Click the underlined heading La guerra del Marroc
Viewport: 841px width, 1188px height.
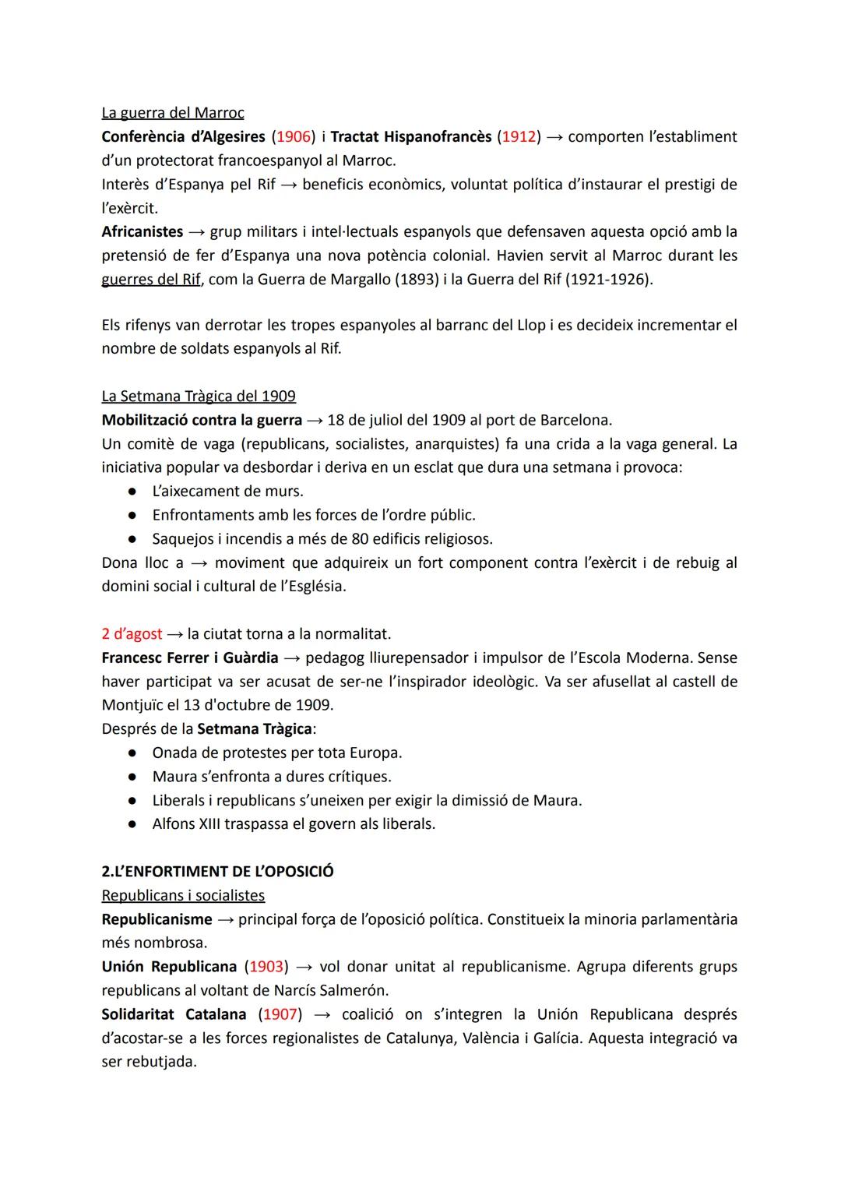click(x=172, y=113)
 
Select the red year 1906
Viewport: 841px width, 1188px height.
click(x=293, y=137)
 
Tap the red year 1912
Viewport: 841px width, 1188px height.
click(x=518, y=137)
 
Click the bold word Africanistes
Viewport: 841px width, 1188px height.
click(x=142, y=232)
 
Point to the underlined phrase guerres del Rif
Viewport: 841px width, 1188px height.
click(x=151, y=280)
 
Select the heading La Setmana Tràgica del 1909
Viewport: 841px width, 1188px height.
click(x=198, y=397)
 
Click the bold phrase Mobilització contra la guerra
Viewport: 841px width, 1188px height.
click(x=202, y=421)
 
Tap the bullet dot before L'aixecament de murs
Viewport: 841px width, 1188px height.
click(x=133, y=492)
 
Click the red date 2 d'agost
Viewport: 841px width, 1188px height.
click(x=132, y=634)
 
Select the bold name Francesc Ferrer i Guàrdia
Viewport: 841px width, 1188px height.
click(x=189, y=658)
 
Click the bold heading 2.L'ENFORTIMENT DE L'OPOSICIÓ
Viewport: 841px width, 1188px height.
click(x=217, y=872)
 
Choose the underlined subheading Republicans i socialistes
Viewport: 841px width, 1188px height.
click(x=183, y=896)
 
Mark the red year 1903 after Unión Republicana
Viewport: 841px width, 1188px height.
click(x=266, y=967)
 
